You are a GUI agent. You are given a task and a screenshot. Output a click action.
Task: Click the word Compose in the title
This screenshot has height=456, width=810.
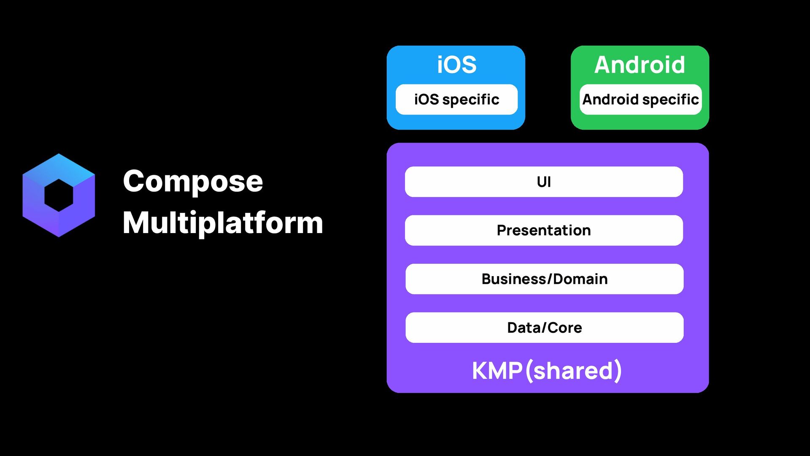point(193,182)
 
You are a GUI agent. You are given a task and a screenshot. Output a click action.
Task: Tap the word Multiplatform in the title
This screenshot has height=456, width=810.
point(223,223)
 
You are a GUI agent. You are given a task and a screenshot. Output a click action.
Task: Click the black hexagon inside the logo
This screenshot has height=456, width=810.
point(59,195)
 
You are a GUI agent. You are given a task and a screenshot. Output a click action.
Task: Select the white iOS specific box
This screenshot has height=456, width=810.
point(456,100)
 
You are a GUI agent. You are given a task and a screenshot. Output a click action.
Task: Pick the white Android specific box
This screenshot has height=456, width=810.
point(640,100)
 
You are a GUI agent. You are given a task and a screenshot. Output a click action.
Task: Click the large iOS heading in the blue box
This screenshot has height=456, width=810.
point(456,65)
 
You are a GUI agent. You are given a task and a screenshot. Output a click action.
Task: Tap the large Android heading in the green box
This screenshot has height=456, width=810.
point(640,65)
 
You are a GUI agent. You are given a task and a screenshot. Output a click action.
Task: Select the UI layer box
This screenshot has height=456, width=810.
point(544,182)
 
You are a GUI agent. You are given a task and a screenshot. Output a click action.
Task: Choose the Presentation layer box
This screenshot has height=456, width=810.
point(544,231)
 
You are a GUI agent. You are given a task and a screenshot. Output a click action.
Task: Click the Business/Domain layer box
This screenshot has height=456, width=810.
point(544,279)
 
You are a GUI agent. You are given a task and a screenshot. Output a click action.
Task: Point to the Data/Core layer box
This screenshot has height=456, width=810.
point(544,328)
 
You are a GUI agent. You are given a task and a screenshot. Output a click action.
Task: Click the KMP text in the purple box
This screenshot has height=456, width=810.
point(497,371)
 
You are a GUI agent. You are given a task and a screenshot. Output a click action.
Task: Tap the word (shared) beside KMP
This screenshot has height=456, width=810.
point(574,371)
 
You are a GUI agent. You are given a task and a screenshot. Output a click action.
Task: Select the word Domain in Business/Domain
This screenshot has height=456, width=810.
point(580,279)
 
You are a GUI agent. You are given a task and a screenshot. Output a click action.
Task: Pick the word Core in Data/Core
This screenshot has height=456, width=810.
point(564,328)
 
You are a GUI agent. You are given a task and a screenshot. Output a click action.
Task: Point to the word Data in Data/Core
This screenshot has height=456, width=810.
point(524,328)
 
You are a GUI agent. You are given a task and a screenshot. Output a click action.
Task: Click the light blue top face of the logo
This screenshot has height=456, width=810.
point(59,166)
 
